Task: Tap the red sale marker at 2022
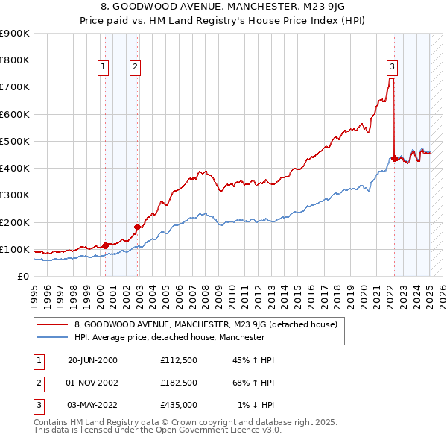click(x=394, y=158)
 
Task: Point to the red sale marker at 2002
click(x=137, y=227)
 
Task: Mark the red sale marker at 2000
click(x=105, y=245)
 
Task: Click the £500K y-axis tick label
click(x=14, y=141)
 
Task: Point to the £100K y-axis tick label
click(x=14, y=249)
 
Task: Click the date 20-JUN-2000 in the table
click(x=92, y=360)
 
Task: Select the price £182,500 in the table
click(x=179, y=383)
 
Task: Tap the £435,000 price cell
click(x=179, y=405)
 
